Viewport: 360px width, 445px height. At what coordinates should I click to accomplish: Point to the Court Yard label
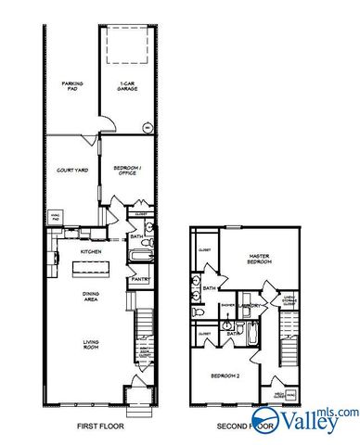tap(72, 170)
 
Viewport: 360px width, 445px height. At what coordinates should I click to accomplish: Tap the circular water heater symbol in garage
tap(147, 127)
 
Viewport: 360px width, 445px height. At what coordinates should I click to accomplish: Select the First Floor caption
tap(101, 427)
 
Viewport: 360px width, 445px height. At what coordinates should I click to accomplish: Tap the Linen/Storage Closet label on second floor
tap(289, 299)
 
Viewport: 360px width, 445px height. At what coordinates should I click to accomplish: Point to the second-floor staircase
tap(289, 334)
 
